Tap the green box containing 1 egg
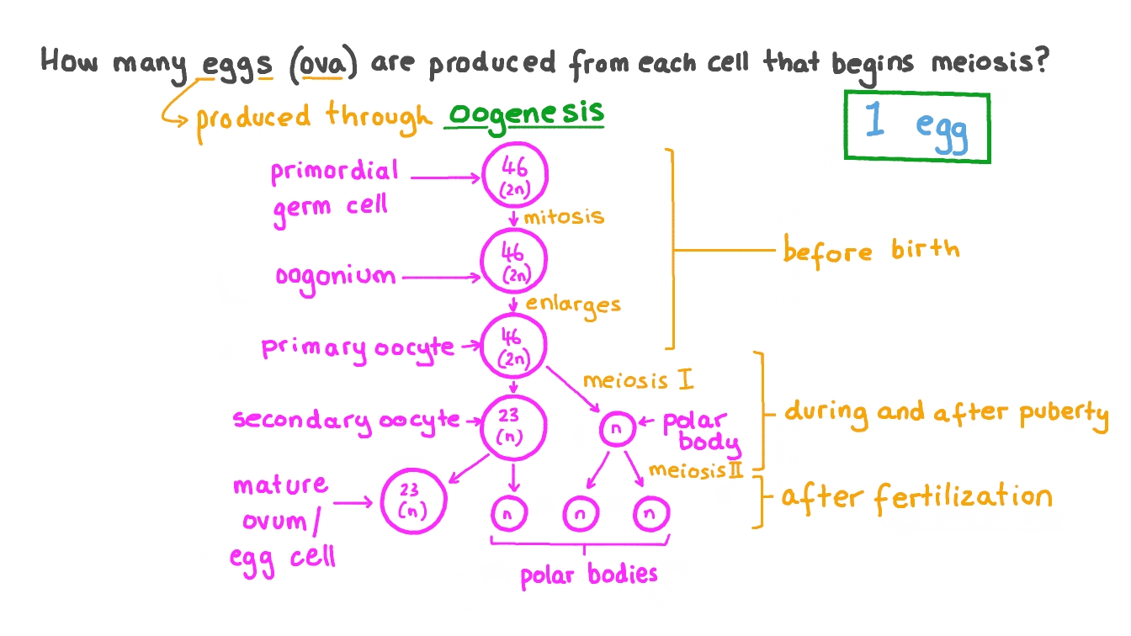[x=916, y=126]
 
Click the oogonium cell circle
[x=513, y=262]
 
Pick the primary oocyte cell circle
[x=513, y=346]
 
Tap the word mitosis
[x=564, y=216]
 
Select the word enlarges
[x=573, y=304]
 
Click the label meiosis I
[x=638, y=381]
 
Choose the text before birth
[x=870, y=250]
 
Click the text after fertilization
[x=916, y=497]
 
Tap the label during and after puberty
[x=946, y=412]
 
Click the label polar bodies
[x=587, y=575]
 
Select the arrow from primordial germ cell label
[x=446, y=177]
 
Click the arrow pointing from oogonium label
[x=439, y=275]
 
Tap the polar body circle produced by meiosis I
[x=616, y=429]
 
